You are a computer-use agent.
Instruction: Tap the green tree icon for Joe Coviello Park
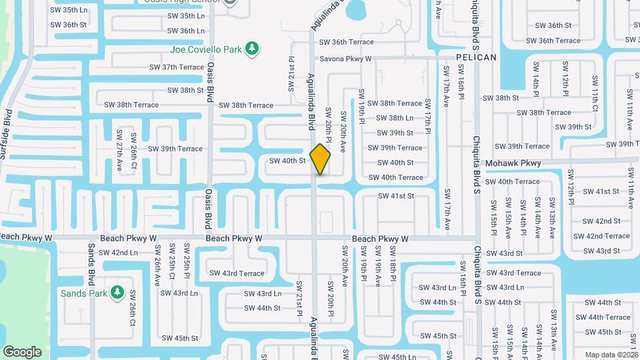click(x=252, y=49)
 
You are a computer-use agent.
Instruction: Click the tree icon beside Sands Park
click(x=117, y=293)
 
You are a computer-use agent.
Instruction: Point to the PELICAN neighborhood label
click(x=477, y=57)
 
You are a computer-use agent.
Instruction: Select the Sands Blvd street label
click(x=91, y=264)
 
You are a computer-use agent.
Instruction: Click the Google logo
click(x=22, y=352)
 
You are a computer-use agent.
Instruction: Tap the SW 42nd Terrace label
click(x=601, y=236)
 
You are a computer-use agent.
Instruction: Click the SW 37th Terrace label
click(x=177, y=67)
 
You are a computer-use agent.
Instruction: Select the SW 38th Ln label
click(x=395, y=118)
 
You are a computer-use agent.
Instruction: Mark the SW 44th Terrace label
click(x=603, y=317)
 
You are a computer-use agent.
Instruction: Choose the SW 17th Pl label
click(x=427, y=125)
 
